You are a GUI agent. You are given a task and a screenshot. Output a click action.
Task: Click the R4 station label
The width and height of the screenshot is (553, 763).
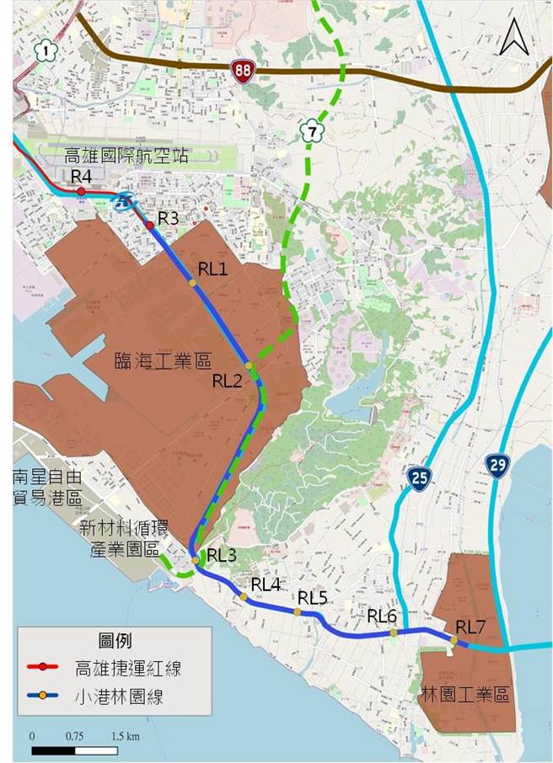point(81,176)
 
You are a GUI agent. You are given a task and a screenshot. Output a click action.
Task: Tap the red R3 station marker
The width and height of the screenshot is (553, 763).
point(150,225)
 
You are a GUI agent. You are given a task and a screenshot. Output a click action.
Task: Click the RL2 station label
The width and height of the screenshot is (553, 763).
point(228,381)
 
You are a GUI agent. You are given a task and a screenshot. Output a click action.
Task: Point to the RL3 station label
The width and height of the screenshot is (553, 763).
point(223,555)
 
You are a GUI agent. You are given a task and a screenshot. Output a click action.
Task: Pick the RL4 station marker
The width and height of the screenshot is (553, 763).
point(244,597)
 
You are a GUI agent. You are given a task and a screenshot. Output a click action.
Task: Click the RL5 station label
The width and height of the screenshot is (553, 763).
point(312,597)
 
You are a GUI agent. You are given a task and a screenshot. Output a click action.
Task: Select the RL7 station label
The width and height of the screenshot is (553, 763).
point(471,627)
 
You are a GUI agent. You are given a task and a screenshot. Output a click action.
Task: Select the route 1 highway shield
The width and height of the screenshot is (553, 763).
point(43,51)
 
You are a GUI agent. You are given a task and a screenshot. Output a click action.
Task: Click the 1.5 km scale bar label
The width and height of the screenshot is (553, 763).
point(126,736)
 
